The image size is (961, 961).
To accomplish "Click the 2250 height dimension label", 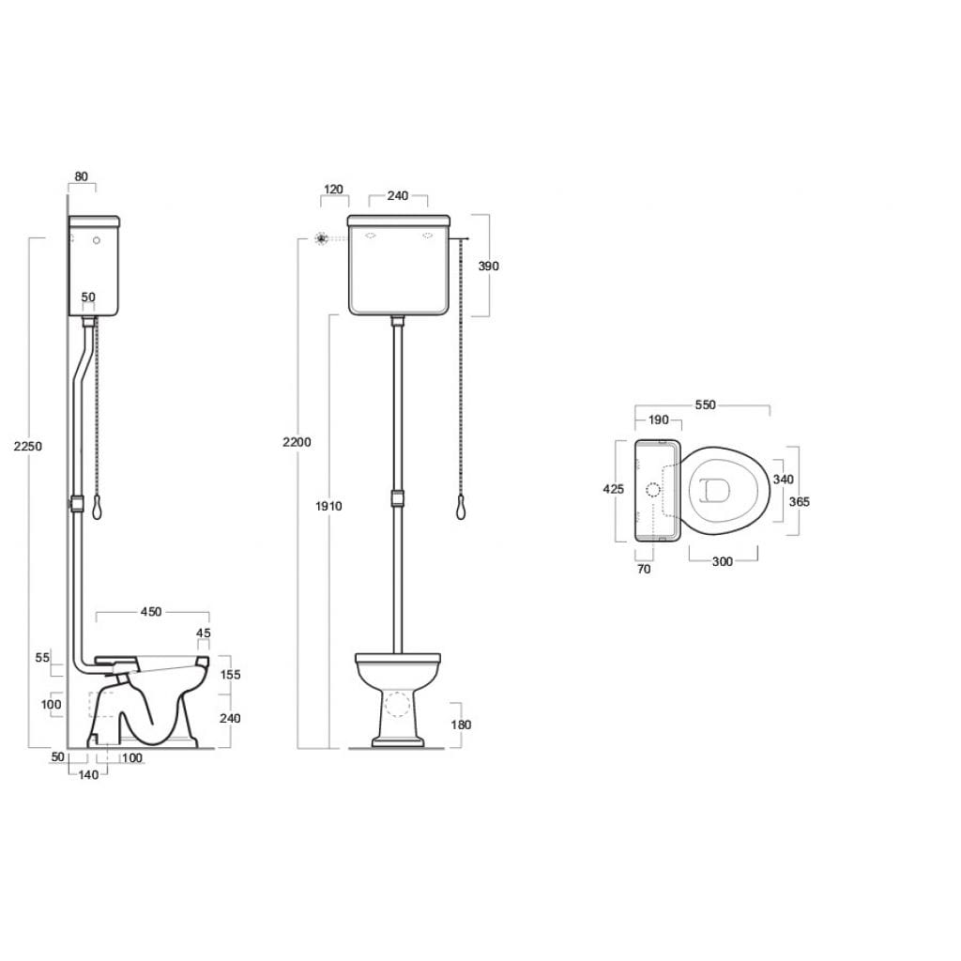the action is click(x=28, y=446).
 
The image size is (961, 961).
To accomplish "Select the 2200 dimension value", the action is click(x=297, y=442).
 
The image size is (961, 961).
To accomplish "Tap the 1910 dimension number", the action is click(x=328, y=506).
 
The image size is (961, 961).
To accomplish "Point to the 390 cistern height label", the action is click(x=488, y=266).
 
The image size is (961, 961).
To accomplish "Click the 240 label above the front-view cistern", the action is click(x=398, y=195).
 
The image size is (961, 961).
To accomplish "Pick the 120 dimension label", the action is click(x=333, y=190).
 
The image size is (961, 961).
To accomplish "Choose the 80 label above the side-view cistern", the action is click(x=81, y=176).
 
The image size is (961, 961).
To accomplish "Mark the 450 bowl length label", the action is click(x=151, y=612).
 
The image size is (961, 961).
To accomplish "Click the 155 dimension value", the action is click(x=230, y=675).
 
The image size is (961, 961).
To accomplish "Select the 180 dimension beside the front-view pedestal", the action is click(x=461, y=725).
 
